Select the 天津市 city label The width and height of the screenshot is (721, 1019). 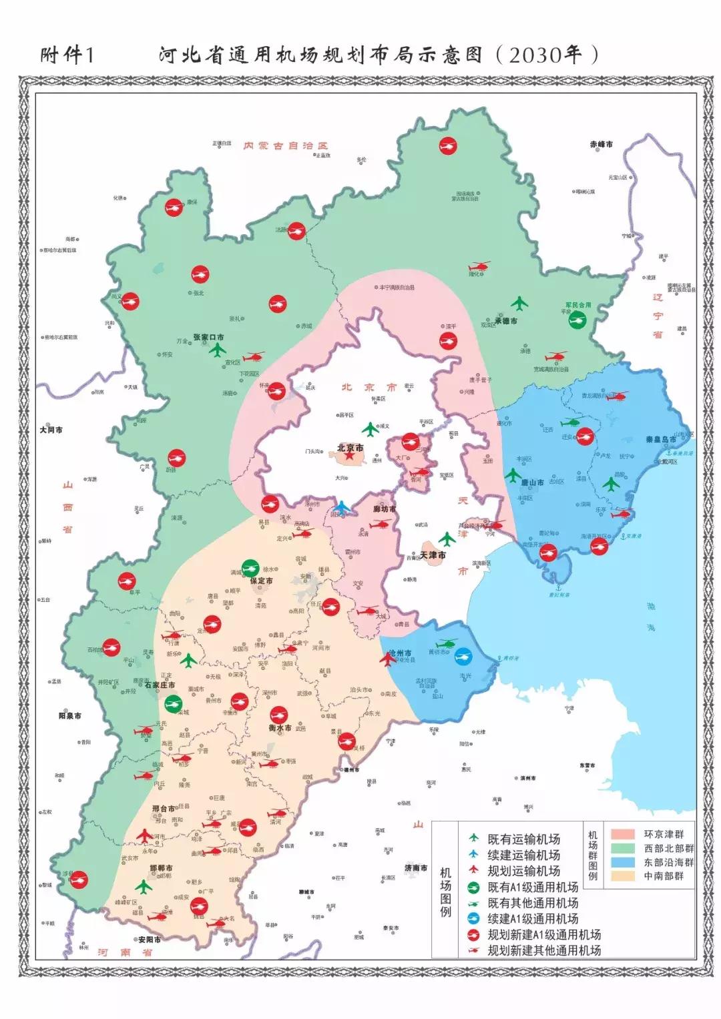coord(433,555)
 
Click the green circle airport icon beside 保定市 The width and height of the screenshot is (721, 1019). coord(250,568)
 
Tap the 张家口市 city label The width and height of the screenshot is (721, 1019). coord(208,338)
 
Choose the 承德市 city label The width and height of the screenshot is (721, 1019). coord(505,320)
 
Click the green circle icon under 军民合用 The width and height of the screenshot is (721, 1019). coord(577,320)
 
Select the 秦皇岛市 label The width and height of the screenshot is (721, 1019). coord(660,439)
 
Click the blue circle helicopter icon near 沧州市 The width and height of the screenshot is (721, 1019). coord(463,657)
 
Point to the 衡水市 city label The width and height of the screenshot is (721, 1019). coord(280,728)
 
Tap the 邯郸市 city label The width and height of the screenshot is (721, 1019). coord(161,868)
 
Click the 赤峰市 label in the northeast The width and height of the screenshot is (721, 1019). coord(601,144)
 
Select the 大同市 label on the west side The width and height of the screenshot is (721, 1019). coord(51,430)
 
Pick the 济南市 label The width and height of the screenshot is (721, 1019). coord(415,868)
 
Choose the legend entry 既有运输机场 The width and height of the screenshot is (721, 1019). coord(523,839)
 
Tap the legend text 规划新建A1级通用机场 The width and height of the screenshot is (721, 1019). coord(543,934)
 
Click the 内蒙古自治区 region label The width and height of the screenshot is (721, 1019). coord(286,145)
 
